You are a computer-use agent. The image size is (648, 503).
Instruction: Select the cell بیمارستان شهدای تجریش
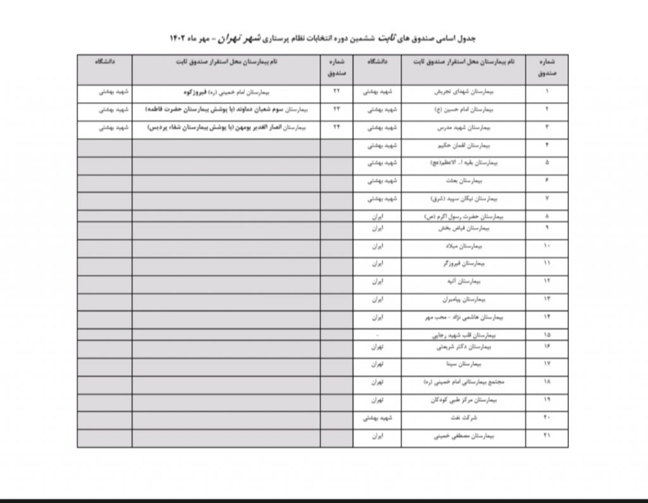[x=463, y=92]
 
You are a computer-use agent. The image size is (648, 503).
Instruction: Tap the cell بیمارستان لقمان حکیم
[x=463, y=145]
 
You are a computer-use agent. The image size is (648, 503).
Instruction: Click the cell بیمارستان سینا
[x=463, y=365]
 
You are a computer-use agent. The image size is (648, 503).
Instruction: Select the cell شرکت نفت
[x=463, y=418]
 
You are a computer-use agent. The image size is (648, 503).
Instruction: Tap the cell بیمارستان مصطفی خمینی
[x=463, y=436]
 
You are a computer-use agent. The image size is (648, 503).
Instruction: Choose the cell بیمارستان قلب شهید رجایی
[x=463, y=333]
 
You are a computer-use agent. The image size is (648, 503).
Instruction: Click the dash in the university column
[x=377, y=333]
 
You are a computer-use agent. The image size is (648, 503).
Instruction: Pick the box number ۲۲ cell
[x=337, y=92]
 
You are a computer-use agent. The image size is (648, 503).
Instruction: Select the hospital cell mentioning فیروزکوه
[x=225, y=92]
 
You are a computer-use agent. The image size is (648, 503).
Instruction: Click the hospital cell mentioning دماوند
[x=225, y=109]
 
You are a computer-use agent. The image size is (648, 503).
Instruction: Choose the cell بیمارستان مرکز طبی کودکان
[x=463, y=401]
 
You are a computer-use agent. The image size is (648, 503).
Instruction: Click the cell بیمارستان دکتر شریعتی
[x=463, y=347]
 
